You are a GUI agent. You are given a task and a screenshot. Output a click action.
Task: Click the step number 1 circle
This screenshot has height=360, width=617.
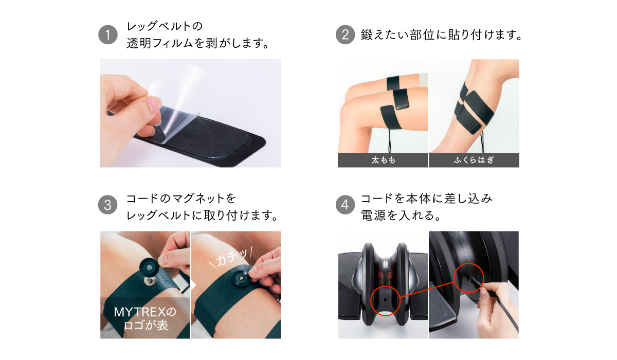(x=108, y=34)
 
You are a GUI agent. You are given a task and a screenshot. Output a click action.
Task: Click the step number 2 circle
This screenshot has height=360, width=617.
(x=345, y=34)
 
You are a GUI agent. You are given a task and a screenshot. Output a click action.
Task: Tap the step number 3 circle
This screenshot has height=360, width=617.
(x=107, y=205)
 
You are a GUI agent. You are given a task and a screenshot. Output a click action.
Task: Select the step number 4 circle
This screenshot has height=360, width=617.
(x=345, y=205)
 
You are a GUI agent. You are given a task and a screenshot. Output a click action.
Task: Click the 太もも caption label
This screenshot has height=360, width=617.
(x=383, y=160)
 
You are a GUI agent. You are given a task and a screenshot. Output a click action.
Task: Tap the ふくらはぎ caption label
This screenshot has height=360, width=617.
(x=474, y=160)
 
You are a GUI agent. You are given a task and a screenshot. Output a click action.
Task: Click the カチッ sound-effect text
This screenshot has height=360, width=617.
(x=231, y=258)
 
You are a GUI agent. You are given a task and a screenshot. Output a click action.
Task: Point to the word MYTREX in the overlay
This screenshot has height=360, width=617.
(x=140, y=312)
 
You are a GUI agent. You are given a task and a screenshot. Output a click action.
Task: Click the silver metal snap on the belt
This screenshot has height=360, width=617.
(x=150, y=281)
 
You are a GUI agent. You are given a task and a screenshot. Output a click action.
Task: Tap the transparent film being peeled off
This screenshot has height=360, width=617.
(x=179, y=102)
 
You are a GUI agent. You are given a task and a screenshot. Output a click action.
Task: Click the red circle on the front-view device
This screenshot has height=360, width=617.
(x=385, y=300)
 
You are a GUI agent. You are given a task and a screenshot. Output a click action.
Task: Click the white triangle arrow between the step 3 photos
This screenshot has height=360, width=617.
(x=193, y=285)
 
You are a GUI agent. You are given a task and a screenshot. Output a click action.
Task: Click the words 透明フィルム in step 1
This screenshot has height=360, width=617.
(x=160, y=43)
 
